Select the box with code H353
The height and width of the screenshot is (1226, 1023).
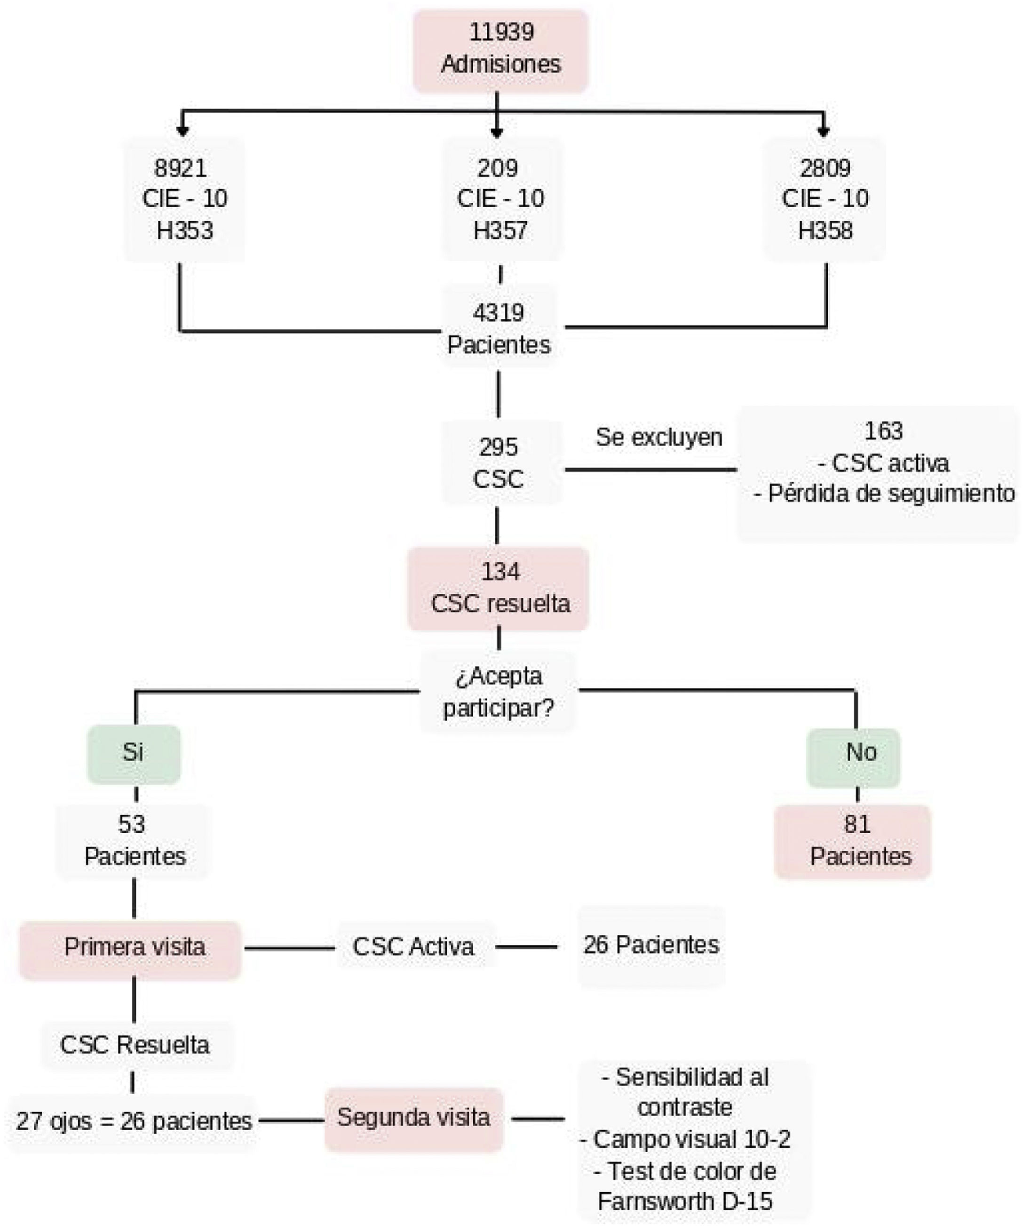(184, 199)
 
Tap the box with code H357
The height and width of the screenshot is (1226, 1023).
(500, 199)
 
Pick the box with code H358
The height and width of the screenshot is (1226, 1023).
(825, 199)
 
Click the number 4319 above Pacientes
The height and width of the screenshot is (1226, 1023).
(499, 313)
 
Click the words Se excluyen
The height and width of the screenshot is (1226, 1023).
(659, 437)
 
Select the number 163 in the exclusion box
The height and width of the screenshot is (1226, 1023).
(883, 431)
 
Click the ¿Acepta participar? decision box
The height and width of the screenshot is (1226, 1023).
(499, 692)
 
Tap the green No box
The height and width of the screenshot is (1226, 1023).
(854, 757)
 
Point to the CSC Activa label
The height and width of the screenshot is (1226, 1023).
(413, 947)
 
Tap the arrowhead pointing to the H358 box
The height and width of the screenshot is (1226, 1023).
(824, 132)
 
